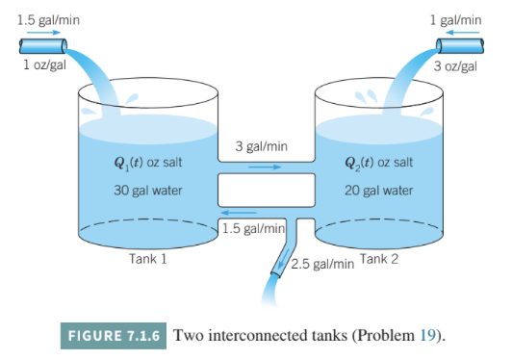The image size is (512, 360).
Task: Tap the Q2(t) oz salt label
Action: click(x=378, y=162)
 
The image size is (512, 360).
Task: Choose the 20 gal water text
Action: click(x=378, y=189)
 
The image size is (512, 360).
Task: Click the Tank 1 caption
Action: click(x=149, y=258)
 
